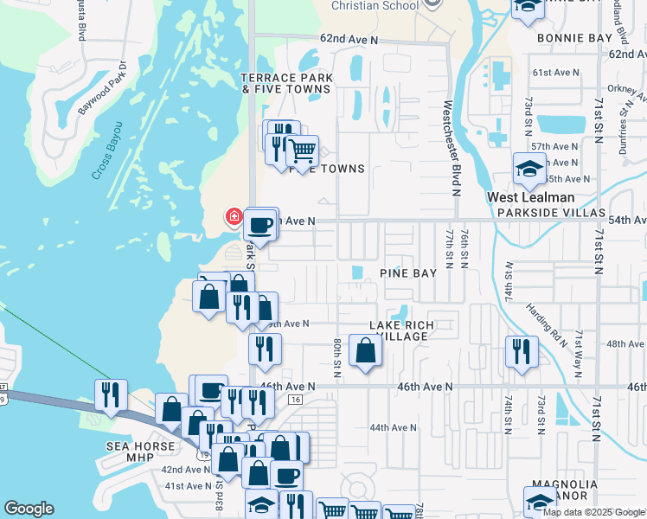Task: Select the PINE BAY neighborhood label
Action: pos(407,272)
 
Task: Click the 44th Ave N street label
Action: pos(393,427)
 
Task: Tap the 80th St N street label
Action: pos(336,357)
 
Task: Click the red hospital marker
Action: pos(233,216)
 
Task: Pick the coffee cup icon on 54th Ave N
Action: pos(260,225)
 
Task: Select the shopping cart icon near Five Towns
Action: pos(302,151)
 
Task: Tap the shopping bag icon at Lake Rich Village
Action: pos(365,351)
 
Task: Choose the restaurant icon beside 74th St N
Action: pos(522,351)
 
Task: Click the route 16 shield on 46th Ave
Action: pos(296,399)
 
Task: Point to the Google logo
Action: pos(29,509)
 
